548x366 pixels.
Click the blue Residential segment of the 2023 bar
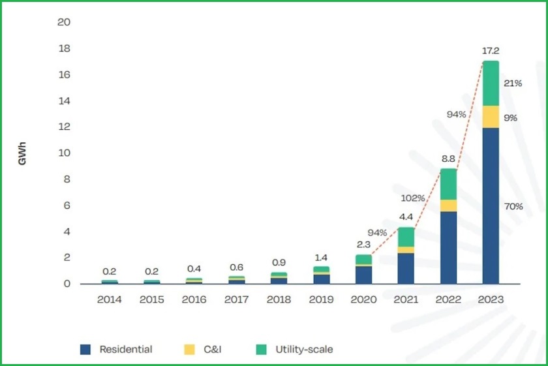point(490,206)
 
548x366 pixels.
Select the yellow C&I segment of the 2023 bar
point(490,116)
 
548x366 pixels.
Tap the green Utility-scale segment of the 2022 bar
point(448,184)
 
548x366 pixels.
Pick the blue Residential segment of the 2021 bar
point(406,268)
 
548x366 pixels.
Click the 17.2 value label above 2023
point(491,50)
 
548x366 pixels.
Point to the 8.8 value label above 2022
point(448,158)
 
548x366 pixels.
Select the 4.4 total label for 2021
point(406,217)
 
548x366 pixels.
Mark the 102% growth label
point(413,198)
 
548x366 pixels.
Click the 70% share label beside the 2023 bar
point(513,206)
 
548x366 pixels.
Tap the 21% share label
point(513,83)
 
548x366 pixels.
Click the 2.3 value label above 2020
point(363,244)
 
